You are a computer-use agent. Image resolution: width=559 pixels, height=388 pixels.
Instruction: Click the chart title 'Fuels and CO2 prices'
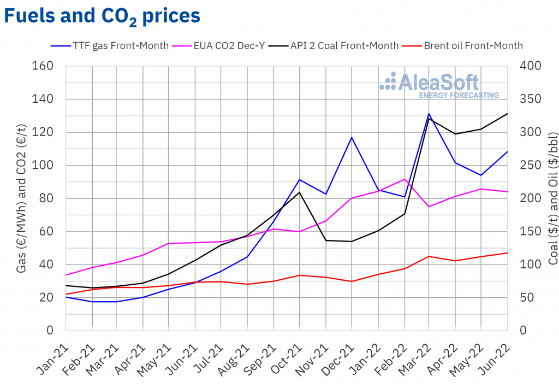pyautogui.click(x=102, y=16)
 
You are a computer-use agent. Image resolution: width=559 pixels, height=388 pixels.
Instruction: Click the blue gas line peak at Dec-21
pyautogui.click(x=352, y=137)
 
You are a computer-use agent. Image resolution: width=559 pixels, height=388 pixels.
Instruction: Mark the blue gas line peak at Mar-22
pyautogui.click(x=429, y=114)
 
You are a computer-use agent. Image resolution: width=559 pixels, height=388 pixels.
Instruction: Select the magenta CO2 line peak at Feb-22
pyautogui.click(x=404, y=179)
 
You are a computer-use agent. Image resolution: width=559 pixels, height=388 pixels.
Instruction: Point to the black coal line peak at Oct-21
pyautogui.click(x=300, y=192)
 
